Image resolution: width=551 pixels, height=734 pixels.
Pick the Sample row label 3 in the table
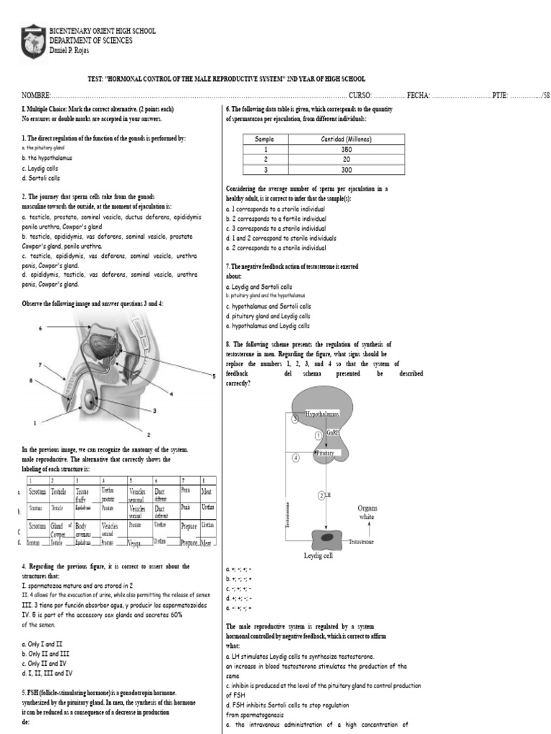265,170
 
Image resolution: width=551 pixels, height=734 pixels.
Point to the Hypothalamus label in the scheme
322,414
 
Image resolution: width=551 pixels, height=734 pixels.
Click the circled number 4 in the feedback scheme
296,457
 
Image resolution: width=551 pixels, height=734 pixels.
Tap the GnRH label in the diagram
333,433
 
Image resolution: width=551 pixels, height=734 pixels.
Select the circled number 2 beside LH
319,495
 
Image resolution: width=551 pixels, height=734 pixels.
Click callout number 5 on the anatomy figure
214,376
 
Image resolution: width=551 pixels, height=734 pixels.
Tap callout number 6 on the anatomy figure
41,328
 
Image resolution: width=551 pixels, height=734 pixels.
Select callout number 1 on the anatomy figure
34,421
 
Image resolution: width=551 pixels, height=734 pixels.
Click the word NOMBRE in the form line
35,95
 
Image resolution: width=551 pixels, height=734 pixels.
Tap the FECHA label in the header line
419,95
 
